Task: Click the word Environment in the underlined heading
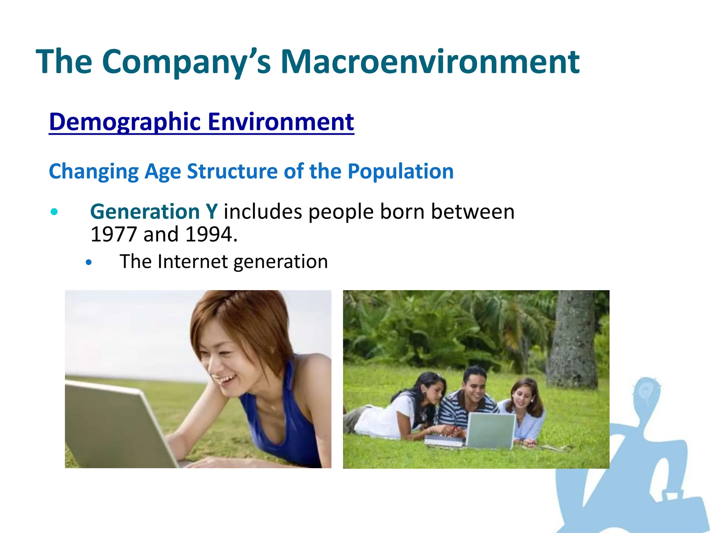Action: tap(281, 122)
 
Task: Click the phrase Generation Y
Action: tap(154, 212)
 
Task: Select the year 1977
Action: tap(113, 235)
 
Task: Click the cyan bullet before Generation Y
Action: tap(54, 212)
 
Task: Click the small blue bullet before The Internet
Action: tap(89, 263)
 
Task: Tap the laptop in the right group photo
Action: tap(490, 430)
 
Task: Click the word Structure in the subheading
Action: tap(232, 171)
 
